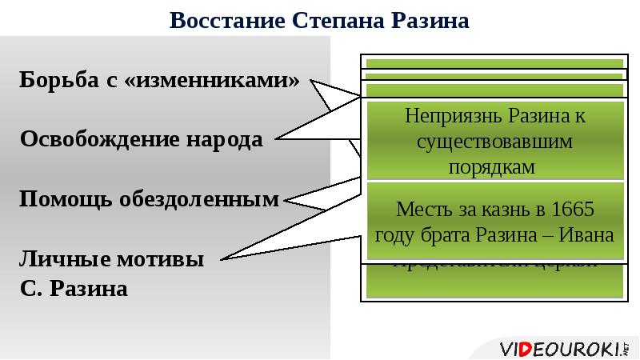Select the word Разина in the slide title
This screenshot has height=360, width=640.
click(428, 20)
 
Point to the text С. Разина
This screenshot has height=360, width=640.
click(74, 287)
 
